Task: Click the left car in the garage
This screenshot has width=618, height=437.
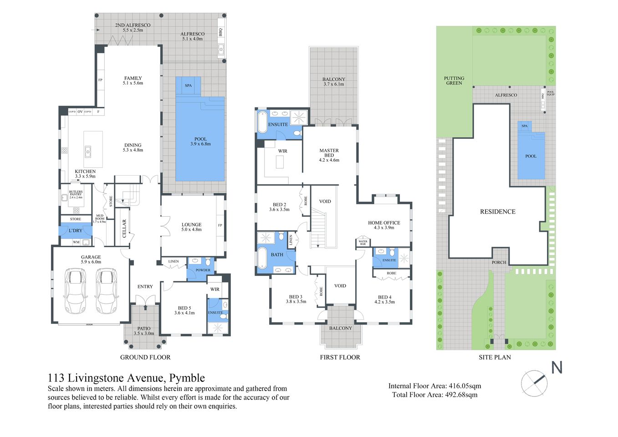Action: point(75,291)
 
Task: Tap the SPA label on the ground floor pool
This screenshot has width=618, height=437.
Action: point(188,86)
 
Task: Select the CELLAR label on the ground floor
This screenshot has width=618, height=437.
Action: point(124,229)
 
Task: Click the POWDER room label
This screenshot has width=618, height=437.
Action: point(203,270)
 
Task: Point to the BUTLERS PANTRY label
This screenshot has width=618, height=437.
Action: point(76,194)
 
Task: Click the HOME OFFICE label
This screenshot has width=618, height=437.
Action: point(384,223)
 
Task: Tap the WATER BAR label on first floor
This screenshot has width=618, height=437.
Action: point(363,243)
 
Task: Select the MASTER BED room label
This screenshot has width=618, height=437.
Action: point(329,153)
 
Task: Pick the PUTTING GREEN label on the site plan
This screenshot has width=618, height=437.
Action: point(454,81)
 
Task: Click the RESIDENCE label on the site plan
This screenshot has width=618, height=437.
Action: point(497,212)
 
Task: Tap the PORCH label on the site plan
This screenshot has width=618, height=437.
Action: point(499,262)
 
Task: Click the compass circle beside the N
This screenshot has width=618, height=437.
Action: point(534,383)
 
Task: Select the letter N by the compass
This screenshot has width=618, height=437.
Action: point(557,367)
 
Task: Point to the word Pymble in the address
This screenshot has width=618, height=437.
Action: point(187,378)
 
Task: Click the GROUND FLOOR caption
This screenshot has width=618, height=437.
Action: point(145,357)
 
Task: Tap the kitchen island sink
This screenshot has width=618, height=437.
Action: point(88,151)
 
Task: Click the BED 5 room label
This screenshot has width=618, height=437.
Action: point(184,310)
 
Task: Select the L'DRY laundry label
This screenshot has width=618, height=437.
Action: point(76,231)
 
